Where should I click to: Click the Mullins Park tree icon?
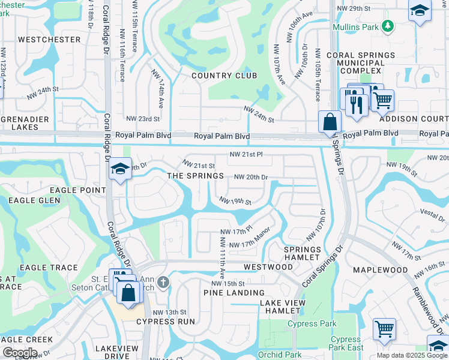pos(388,26)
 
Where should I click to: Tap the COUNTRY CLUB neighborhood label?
pos(224,76)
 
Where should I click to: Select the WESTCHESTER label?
pos(49,40)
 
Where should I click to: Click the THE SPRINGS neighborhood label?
pos(195,176)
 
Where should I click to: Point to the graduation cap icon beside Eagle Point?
pos(120,169)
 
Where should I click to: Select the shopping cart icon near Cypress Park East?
pos(384,328)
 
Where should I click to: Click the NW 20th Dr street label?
pos(250,177)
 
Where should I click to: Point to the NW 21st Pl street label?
pos(246,155)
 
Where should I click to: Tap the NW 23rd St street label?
pos(143,119)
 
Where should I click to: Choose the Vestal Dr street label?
pos(432,212)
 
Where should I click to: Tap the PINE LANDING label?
pos(230,293)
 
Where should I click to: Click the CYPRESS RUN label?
pos(166,322)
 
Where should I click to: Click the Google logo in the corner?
pos(20,353)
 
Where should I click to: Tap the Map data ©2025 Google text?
pos(411,355)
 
